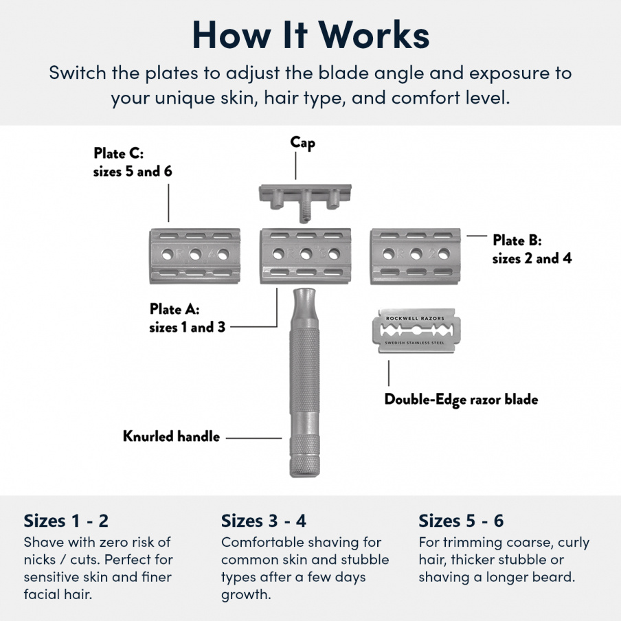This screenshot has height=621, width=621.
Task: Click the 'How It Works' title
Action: [x=310, y=34]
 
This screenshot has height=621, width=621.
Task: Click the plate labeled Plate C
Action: [x=194, y=256]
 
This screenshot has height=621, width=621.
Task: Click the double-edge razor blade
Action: [x=414, y=330]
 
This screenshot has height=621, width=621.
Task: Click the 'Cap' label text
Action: [x=302, y=142]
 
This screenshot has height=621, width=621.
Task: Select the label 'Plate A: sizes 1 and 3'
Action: [x=187, y=319]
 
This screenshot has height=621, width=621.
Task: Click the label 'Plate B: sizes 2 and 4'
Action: [x=532, y=249]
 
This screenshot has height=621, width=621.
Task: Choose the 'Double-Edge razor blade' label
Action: [x=461, y=399]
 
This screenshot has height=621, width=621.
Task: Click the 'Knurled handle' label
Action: [x=171, y=436]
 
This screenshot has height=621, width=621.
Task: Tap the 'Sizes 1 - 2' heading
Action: [x=66, y=520]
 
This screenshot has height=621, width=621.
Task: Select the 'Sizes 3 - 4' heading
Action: [x=264, y=520]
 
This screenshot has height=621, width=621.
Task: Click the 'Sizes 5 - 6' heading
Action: [x=461, y=520]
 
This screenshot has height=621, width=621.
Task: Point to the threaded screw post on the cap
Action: [x=303, y=209]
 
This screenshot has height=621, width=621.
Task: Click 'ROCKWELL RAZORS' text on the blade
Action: [x=414, y=319]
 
